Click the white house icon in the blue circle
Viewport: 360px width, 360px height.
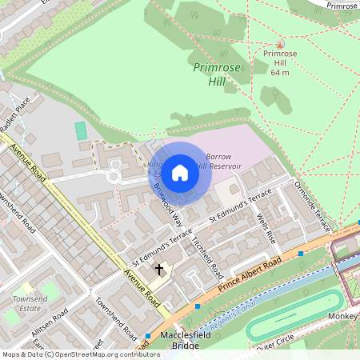click(x=180, y=172)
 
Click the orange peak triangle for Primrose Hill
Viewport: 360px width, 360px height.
click(x=279, y=44)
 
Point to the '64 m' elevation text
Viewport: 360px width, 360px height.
click(x=280, y=73)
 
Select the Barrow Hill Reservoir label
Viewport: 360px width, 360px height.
click(x=224, y=161)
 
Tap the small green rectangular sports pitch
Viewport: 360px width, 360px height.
click(x=80, y=130)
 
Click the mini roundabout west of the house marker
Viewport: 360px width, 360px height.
click(x=114, y=174)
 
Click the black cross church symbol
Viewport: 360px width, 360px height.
click(x=158, y=270)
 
